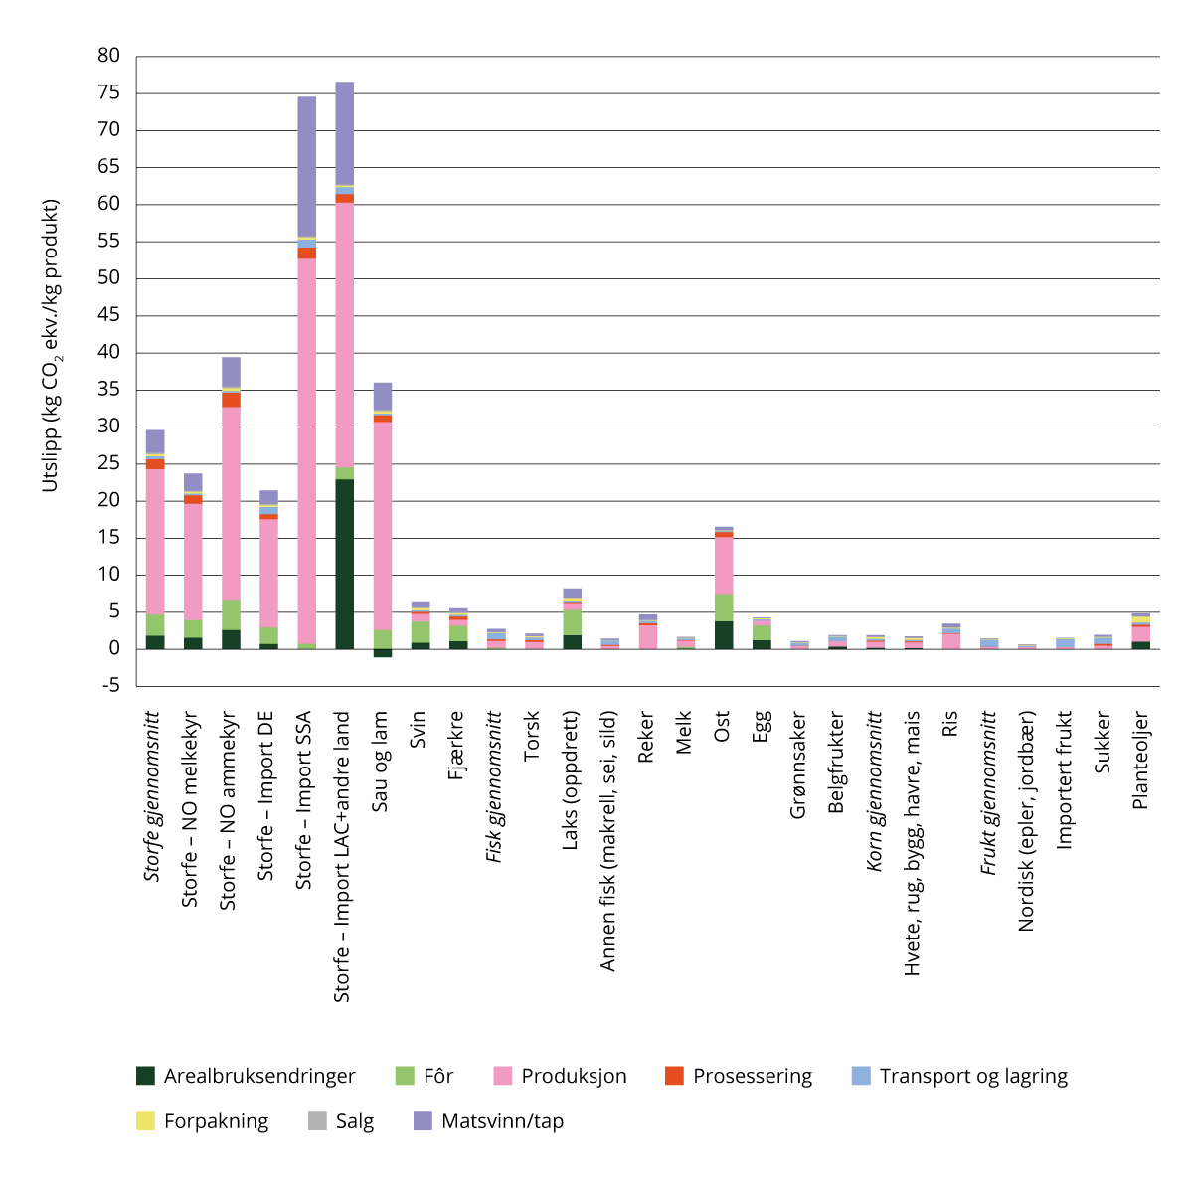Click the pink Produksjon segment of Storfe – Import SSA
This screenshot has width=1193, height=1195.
tap(306, 447)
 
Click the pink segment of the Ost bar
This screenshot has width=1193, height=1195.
tap(723, 565)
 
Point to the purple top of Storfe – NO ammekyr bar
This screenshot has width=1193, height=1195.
tap(231, 372)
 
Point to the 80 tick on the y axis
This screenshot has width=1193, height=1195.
tap(108, 56)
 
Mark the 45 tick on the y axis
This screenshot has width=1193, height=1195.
tap(108, 315)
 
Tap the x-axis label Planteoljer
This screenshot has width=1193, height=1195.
tap(1140, 760)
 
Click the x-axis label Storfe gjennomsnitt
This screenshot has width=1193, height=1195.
tap(153, 795)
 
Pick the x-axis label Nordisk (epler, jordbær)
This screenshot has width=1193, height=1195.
tap(1027, 820)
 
